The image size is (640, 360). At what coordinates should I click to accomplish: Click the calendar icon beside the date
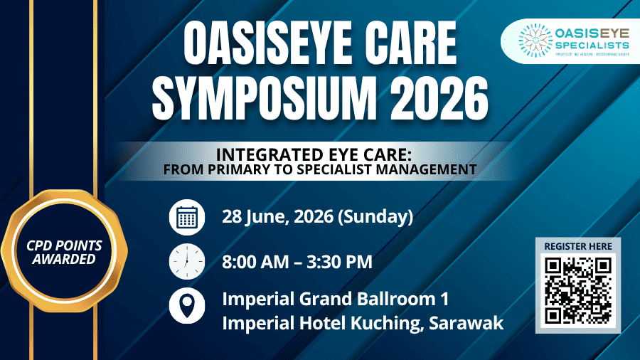pos(186,217)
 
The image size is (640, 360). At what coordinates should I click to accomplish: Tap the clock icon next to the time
pos(186,262)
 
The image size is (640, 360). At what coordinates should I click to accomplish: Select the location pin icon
pos(186,307)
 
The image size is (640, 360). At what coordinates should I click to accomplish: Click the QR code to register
pos(577,290)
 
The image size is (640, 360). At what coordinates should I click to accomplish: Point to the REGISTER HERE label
pos(577,246)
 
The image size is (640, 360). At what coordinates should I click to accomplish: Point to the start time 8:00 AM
pos(254,262)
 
